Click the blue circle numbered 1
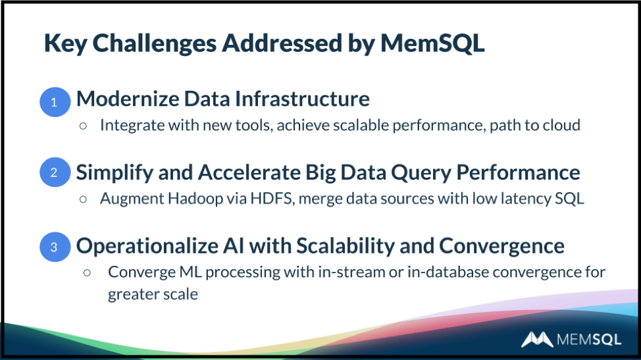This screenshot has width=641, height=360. pos(55,102)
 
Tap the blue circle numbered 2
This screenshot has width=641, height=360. pos(55,172)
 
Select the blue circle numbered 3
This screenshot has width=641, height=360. pos(55,247)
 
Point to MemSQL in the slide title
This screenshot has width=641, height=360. pos(432,43)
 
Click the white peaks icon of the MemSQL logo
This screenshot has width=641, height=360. pos(537,339)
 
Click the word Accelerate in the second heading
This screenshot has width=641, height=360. pos(249,172)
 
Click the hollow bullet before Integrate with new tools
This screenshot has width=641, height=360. pos(83,126)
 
